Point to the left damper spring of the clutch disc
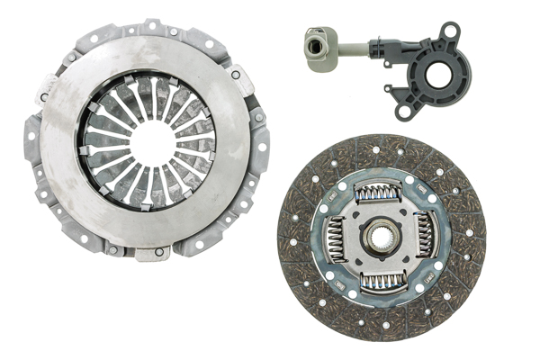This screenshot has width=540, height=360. (335, 238)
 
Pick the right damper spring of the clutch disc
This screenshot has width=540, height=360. (426, 235)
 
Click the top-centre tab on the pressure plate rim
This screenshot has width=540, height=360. (152, 26)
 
